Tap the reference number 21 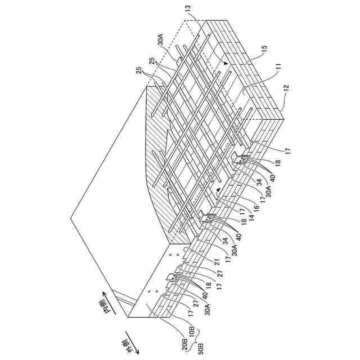click(x=215, y=263)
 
